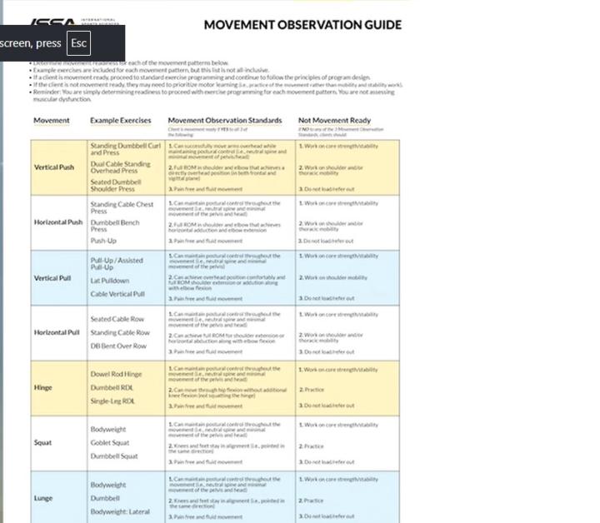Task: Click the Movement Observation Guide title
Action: click(302, 25)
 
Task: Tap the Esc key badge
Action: click(78, 43)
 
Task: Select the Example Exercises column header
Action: click(121, 121)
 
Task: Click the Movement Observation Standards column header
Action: click(225, 121)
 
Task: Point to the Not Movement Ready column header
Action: click(334, 121)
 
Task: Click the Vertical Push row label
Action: click(54, 167)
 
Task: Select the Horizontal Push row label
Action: click(58, 222)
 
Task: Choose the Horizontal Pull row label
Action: click(57, 332)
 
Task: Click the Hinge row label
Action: click(42, 387)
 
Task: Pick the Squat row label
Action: click(42, 443)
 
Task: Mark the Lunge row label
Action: click(43, 498)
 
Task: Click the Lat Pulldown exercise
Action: click(110, 281)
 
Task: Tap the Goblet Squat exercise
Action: click(110, 443)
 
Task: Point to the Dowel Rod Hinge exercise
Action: click(116, 374)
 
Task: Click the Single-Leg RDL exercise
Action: click(112, 401)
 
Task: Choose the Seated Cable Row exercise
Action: click(117, 319)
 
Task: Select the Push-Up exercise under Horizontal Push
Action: click(103, 241)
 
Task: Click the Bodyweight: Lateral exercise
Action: click(120, 511)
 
